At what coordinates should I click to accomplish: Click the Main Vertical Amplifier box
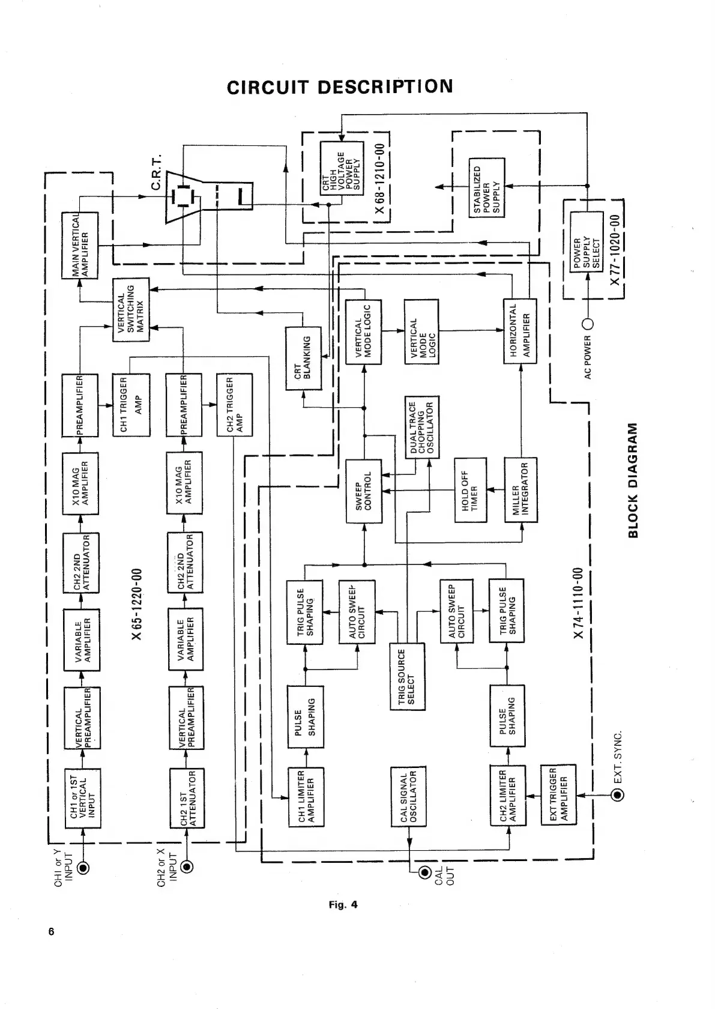point(80,245)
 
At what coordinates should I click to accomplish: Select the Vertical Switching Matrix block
point(131,310)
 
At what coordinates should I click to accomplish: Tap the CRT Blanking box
point(303,358)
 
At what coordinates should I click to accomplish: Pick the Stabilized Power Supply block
point(486,187)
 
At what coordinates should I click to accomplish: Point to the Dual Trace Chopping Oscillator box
point(422,427)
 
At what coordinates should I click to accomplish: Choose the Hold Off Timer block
point(470,490)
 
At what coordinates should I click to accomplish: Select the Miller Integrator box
point(520,490)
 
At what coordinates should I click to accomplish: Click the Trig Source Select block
point(407,676)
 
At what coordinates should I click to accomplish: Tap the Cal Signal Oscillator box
point(408,796)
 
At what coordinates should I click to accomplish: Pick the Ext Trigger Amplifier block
point(558,794)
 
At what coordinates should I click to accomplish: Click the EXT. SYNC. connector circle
point(617,796)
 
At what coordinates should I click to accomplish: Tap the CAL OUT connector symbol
point(425,872)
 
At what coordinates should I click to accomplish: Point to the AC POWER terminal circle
point(588,325)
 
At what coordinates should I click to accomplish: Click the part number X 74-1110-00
point(578,603)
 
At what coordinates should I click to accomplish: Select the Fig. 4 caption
point(343,904)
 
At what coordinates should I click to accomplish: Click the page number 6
point(52,932)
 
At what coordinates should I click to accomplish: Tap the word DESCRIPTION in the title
point(385,87)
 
